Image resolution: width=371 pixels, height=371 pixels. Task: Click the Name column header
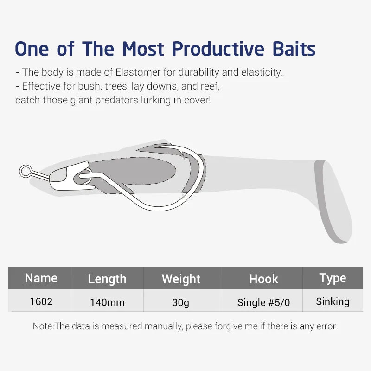41,278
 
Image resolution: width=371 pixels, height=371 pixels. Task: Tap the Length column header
107,279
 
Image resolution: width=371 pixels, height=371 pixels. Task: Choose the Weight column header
181,279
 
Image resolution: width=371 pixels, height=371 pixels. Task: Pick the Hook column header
263,279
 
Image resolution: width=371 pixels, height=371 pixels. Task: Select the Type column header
333,278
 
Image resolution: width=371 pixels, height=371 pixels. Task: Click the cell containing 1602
41,301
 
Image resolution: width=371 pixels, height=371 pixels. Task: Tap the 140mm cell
107,302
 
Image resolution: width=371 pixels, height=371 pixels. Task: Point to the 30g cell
181,302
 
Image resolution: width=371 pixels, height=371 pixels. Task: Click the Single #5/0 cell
263,302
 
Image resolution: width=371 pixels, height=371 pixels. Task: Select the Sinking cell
333,301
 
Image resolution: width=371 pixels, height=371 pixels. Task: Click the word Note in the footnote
42,326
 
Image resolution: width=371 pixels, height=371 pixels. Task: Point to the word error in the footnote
325,326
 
